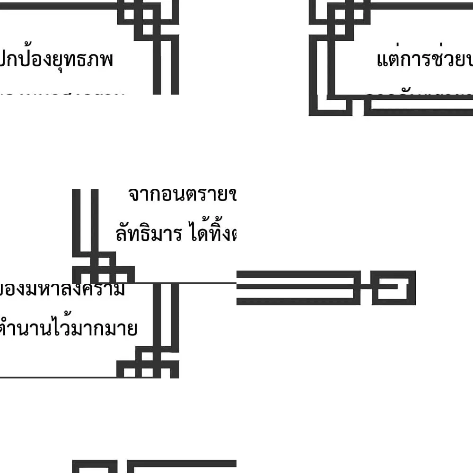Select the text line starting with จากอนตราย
pyautogui.click(x=182, y=194)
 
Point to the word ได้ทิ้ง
pyautogui.click(x=212, y=233)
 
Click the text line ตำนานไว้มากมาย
pyautogui.click(x=69, y=328)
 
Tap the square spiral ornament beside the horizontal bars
pyautogui.click(x=393, y=288)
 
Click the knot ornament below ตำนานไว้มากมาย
pyautogui.click(x=148, y=363)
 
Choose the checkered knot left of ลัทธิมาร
pyautogui.click(x=103, y=267)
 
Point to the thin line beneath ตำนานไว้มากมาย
pyautogui.click(x=57, y=377)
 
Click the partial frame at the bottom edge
pyautogui.click(x=154, y=466)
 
